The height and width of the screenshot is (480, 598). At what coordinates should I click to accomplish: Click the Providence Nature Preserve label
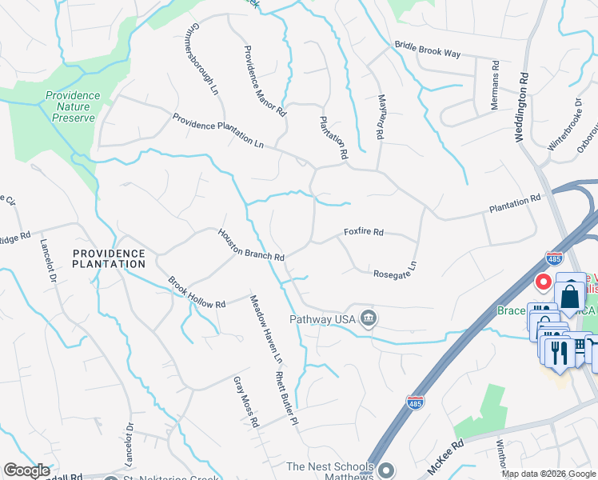tap(73, 106)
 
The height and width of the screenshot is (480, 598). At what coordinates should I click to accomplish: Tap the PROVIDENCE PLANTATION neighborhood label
tap(109, 258)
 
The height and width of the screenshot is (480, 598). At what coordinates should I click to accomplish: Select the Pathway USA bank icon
tap(368, 318)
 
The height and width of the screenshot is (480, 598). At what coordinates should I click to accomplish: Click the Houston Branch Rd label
tap(251, 245)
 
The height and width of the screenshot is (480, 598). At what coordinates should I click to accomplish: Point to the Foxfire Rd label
tap(364, 232)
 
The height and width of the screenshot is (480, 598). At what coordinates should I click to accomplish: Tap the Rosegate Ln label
tap(395, 269)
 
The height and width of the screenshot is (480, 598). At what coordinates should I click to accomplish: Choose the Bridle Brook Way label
tap(428, 50)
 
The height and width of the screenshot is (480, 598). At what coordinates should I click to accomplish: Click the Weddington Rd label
tap(520, 109)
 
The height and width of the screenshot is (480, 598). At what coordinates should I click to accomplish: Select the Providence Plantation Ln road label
tap(218, 131)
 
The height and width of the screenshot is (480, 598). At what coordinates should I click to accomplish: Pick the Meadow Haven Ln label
tap(264, 326)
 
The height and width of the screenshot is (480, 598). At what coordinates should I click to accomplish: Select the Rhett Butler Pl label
tap(286, 397)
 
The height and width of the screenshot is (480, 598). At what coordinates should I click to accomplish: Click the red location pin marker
tap(544, 282)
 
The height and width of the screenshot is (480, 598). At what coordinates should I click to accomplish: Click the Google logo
tap(26, 470)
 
